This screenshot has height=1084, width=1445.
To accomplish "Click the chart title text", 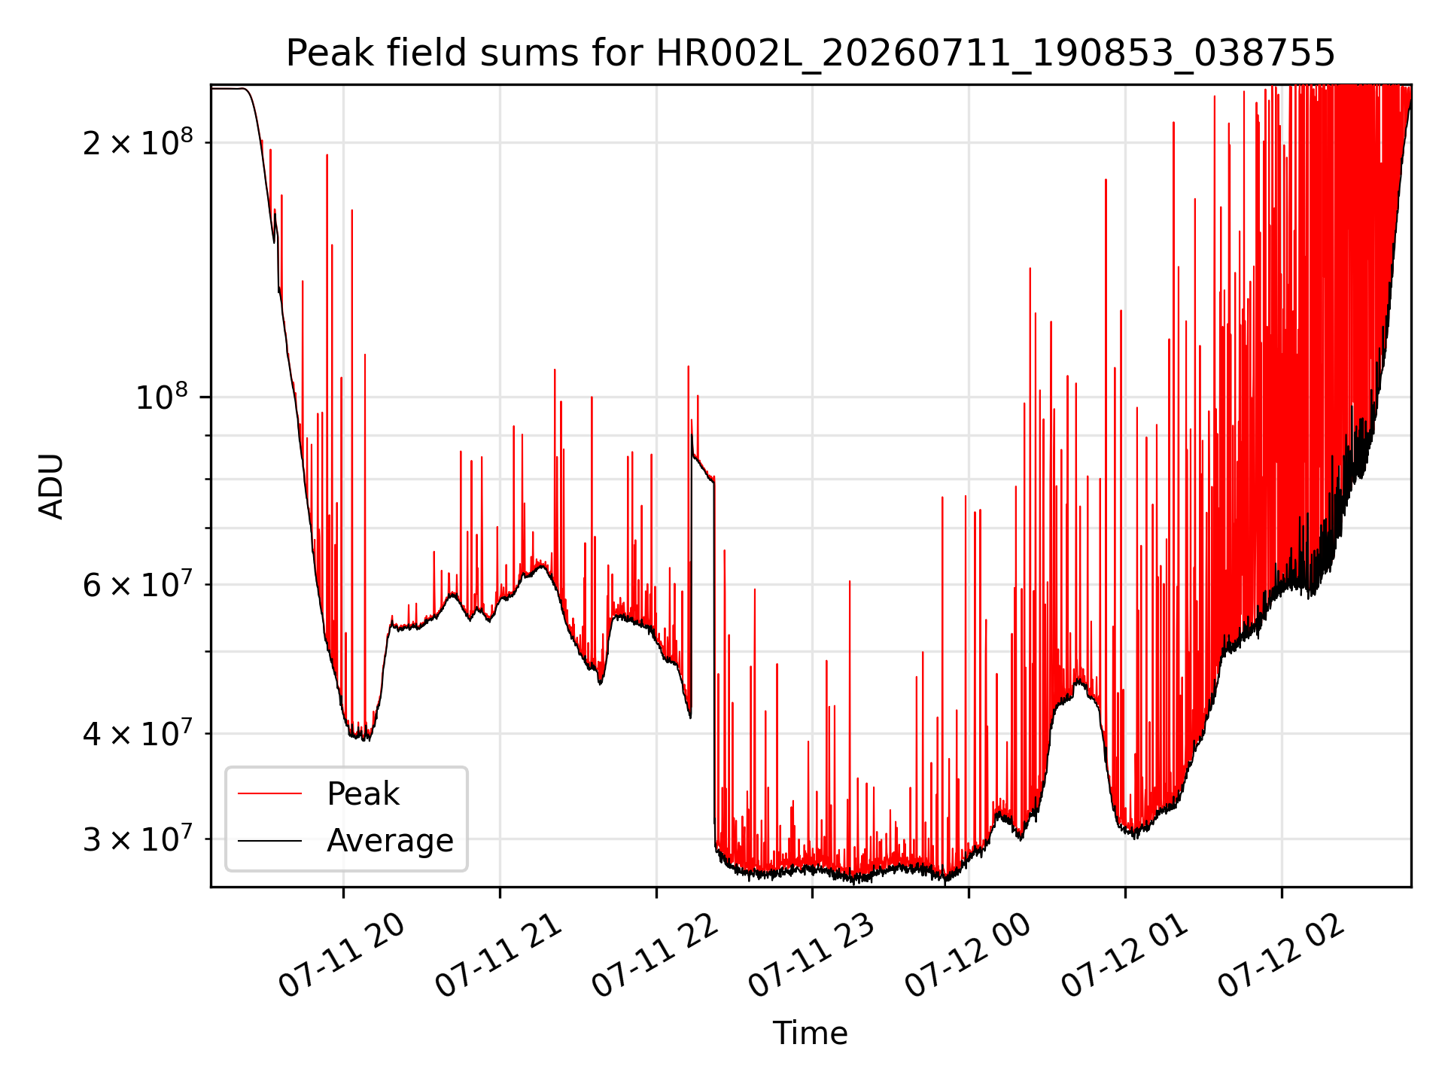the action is coord(811,53).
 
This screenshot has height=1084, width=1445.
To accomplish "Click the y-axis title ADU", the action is coord(51,486).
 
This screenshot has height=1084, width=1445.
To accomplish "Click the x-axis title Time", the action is coord(811,1033).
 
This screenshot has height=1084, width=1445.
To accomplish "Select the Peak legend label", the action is coord(363,794).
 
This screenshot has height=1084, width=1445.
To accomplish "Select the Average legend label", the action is coord(390,841).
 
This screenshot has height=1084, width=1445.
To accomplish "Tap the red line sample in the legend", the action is coord(269,794).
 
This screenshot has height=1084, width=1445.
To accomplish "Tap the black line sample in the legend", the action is coord(269,841).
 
